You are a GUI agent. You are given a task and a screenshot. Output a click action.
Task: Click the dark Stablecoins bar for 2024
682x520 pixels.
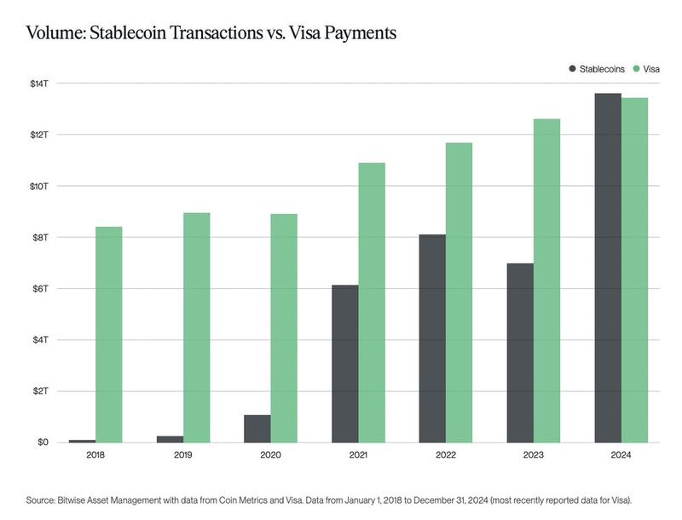pos(607,268)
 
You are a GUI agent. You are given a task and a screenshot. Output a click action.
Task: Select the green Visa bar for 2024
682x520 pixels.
pos(634,270)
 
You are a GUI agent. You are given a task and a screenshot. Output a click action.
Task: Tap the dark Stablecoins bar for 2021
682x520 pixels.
pos(344,363)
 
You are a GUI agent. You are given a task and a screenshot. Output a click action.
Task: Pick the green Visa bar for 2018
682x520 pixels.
pos(108,334)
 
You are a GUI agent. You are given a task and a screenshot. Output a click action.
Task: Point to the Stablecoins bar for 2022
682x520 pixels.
pos(432,338)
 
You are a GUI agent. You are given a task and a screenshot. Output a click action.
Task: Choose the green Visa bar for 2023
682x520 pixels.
pos(546,280)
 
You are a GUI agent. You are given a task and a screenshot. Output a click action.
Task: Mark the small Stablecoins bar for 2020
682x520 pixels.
pos(257,429)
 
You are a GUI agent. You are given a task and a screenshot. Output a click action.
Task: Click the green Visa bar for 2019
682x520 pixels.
pos(196,327)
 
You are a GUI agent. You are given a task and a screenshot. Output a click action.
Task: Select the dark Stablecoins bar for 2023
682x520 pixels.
pos(520,353)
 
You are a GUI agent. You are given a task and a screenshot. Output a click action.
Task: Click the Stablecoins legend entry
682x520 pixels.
pos(602,67)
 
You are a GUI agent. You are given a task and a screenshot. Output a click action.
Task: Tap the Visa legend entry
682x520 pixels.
pos(651,67)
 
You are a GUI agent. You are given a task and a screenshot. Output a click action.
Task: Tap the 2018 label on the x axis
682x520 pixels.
pos(96,456)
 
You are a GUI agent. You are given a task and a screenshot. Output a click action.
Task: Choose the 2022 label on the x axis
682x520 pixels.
pos(446,456)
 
